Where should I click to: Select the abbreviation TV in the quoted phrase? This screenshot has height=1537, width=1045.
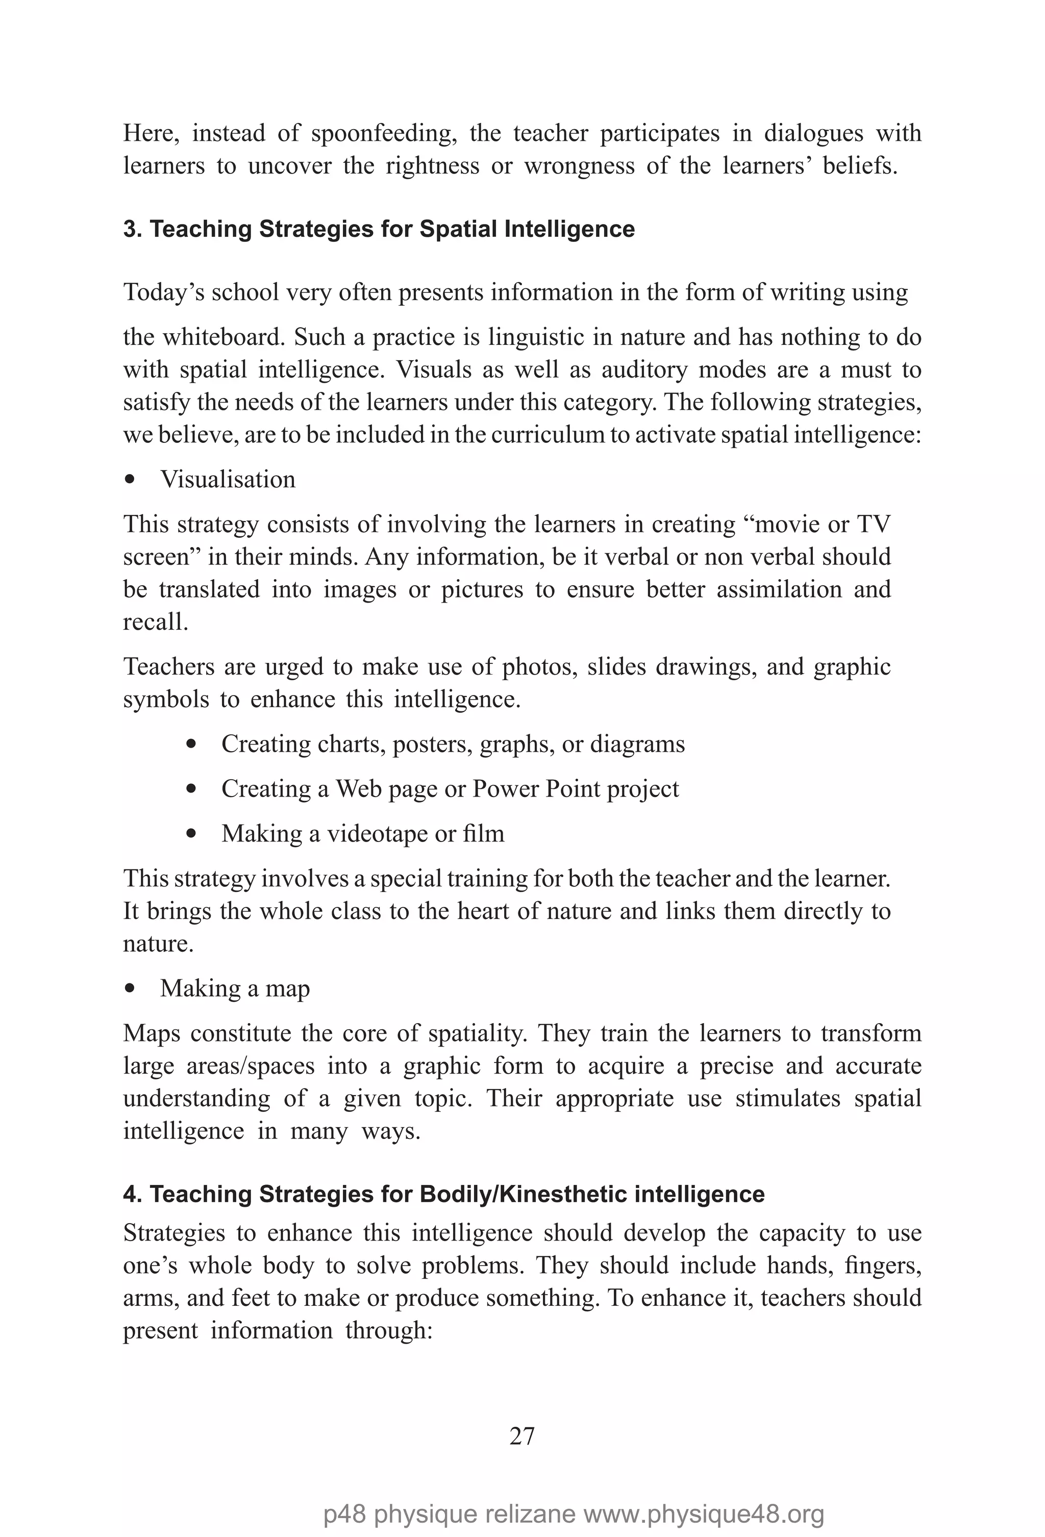point(873,525)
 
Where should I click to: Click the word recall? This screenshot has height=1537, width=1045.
point(155,622)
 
